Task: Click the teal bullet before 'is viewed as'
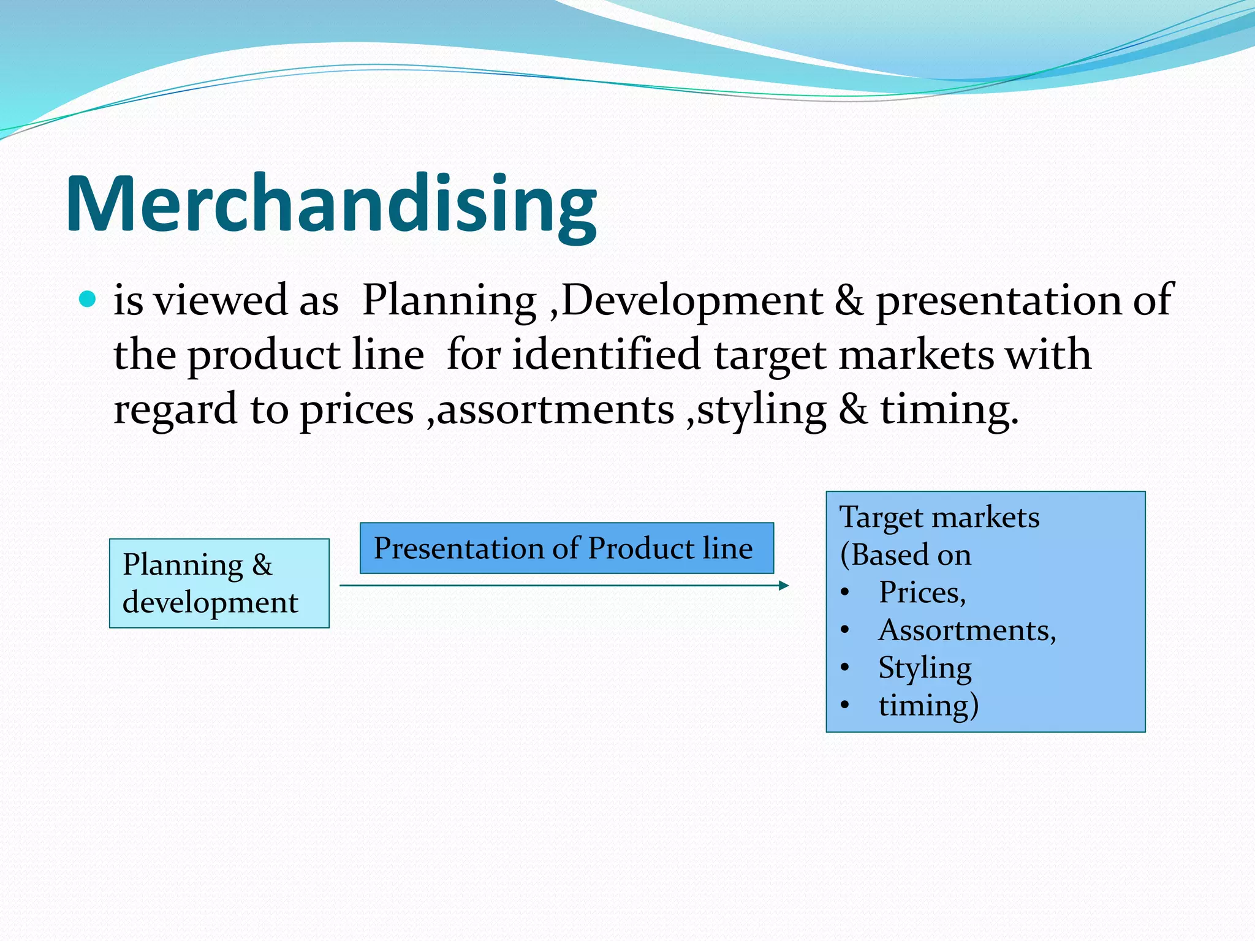88,300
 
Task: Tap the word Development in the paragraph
692,301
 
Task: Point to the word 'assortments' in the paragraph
555,409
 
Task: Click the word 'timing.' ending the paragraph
949,409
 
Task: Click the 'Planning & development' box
219,583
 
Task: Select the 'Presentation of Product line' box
566,548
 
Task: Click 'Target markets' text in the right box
939,517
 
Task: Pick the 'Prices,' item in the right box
922,592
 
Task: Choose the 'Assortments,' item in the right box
967,630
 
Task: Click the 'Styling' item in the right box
925,668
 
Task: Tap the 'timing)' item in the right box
928,705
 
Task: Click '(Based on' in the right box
905,555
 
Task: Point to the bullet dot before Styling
845,667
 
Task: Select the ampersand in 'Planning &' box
262,564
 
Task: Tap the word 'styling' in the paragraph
762,409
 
